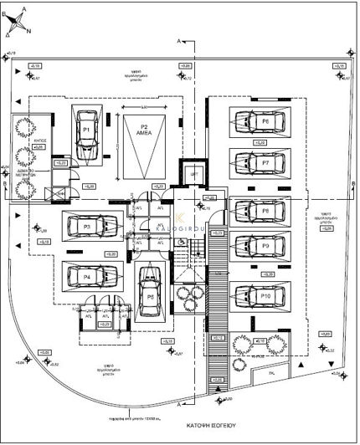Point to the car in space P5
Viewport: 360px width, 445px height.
pos(150,293)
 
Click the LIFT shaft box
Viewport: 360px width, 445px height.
pos(193,173)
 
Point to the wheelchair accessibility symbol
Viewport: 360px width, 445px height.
pos(181,239)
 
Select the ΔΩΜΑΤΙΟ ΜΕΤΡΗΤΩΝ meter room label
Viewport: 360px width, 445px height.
pos(28,173)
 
